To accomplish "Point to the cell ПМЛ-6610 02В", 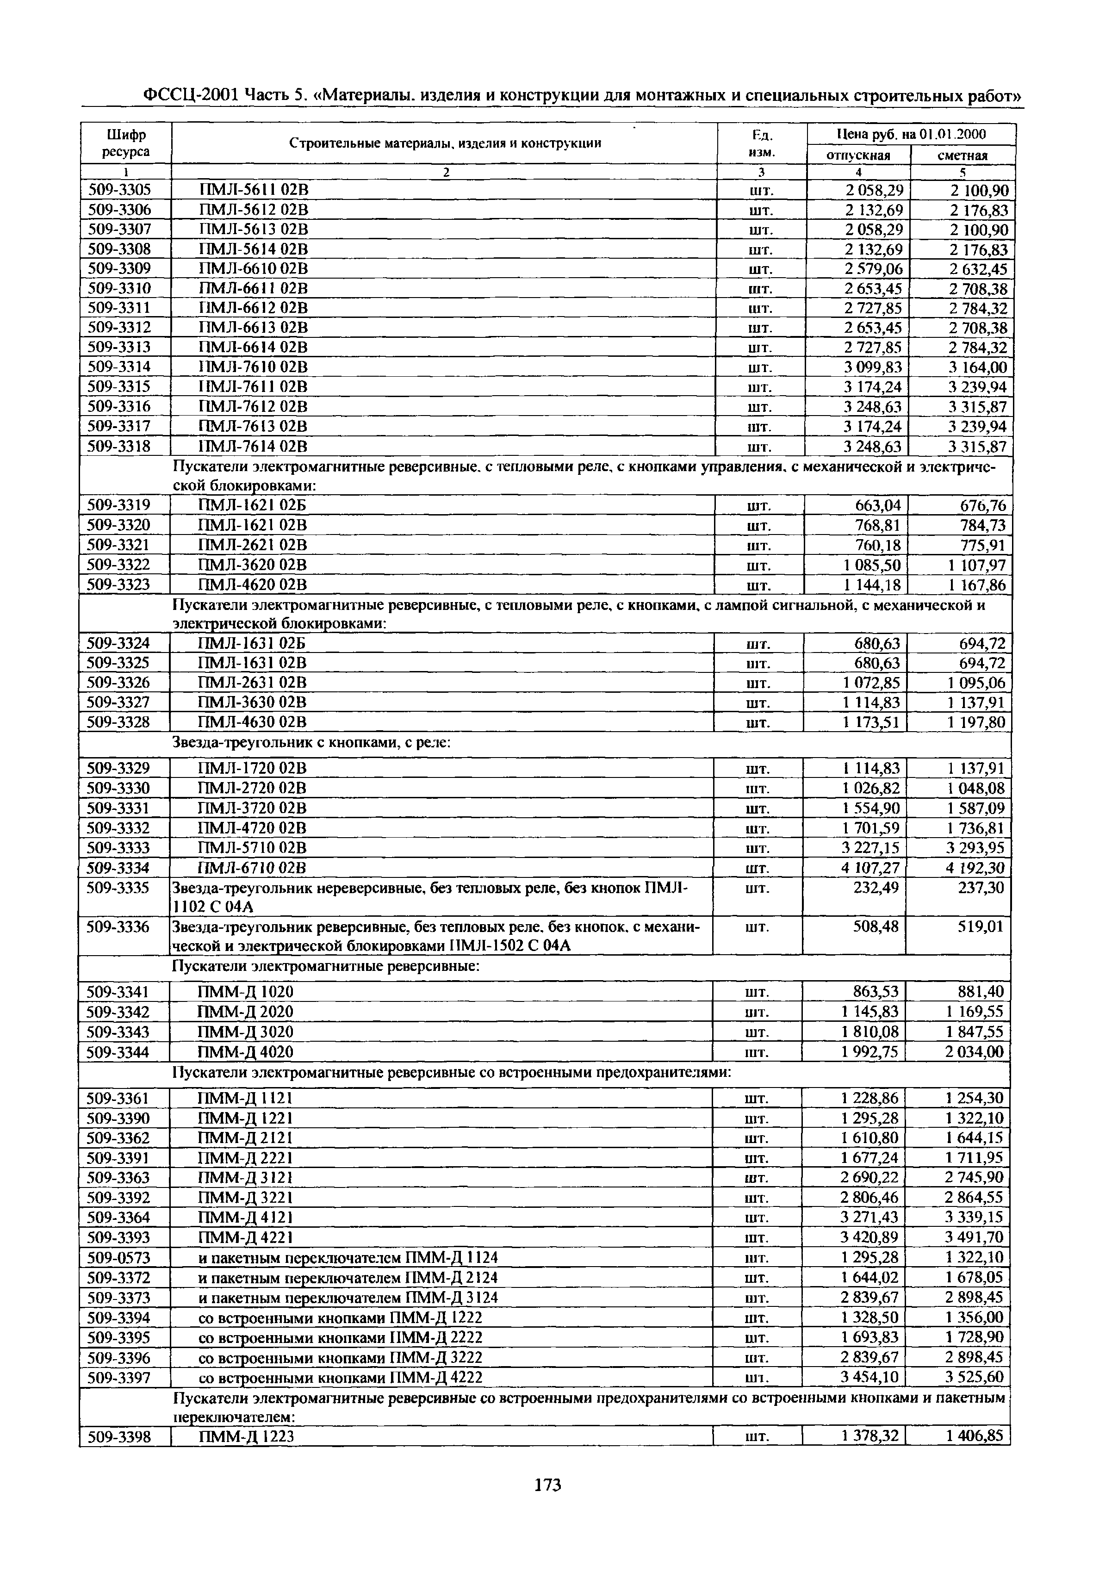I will (x=253, y=268).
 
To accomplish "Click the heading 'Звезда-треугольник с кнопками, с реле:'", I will (x=310, y=742).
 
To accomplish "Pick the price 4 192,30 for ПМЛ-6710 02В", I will (x=975, y=868).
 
